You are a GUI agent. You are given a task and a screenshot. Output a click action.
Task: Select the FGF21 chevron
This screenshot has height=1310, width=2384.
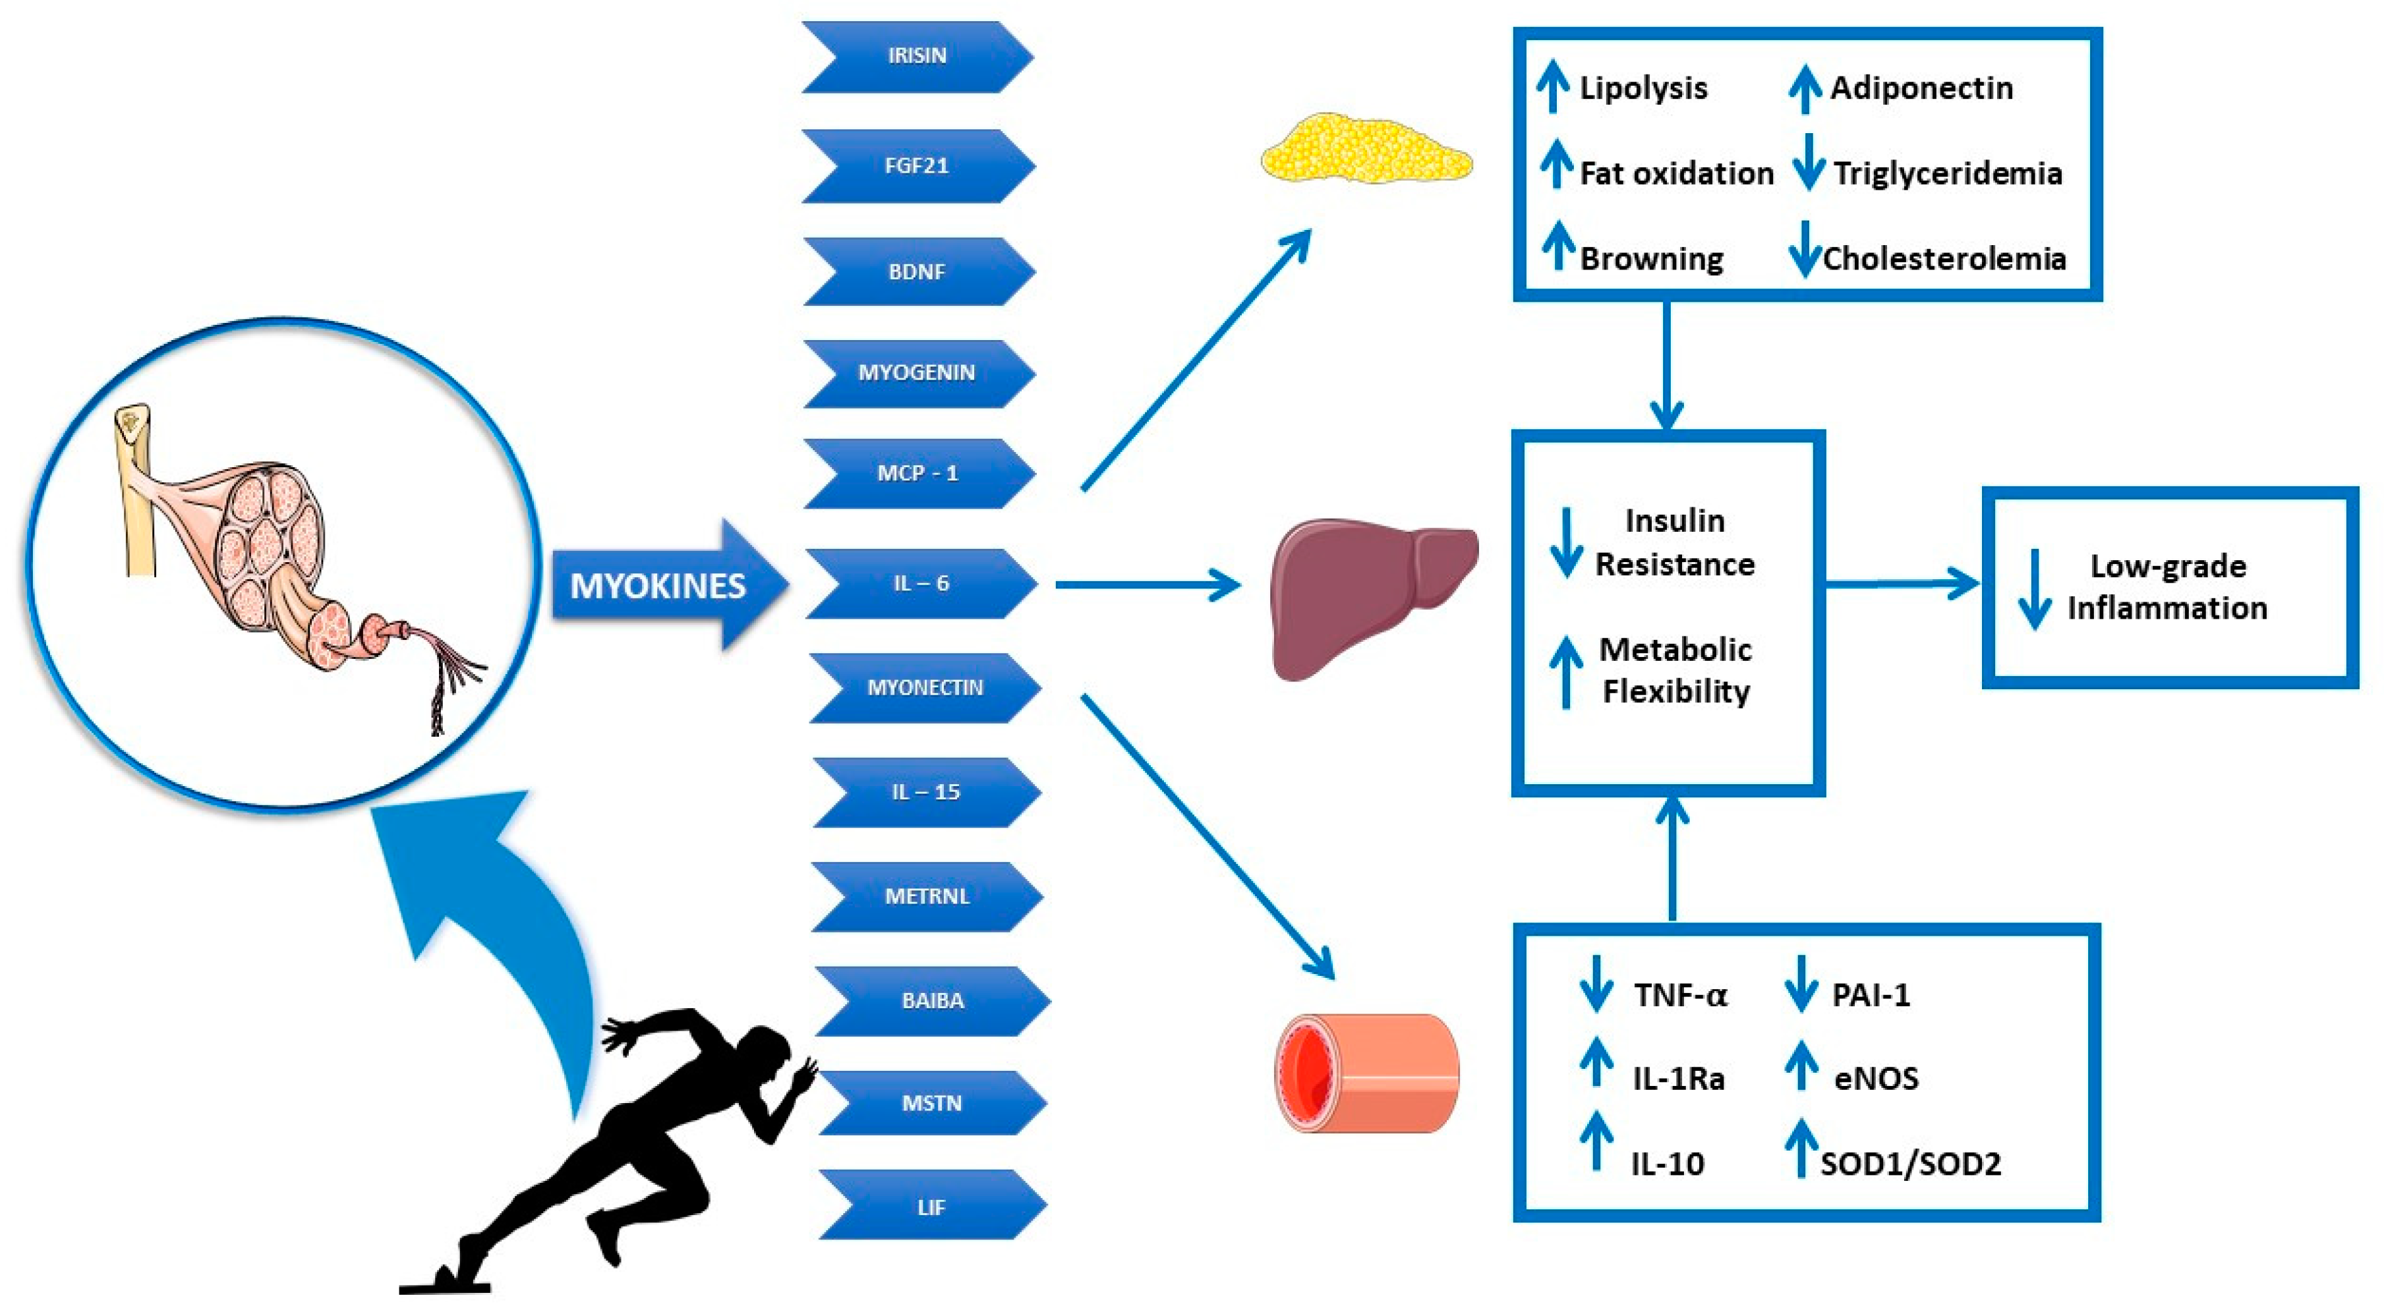click(916, 165)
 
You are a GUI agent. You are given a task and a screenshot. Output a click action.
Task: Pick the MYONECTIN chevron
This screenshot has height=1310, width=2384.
click(925, 687)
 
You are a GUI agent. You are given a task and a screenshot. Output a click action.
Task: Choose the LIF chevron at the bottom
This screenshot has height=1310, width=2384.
click(931, 1207)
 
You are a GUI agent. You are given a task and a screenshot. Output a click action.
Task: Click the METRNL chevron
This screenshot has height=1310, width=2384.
click(927, 896)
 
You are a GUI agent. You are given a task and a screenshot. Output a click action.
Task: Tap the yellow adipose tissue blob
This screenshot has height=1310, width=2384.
click(1365, 148)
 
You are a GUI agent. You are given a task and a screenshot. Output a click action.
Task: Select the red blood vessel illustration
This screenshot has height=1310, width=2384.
click(1366, 1073)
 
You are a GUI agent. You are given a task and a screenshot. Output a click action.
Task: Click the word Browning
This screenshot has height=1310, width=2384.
click(1651, 258)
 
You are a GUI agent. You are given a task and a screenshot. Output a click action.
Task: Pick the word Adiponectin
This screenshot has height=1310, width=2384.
click(1921, 88)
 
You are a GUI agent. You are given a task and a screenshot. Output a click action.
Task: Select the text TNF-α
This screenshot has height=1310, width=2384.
click(1679, 996)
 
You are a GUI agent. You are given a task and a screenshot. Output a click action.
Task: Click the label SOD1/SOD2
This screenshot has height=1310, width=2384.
click(1910, 1163)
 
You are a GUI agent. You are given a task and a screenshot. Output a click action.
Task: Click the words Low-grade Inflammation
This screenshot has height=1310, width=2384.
click(2167, 586)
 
